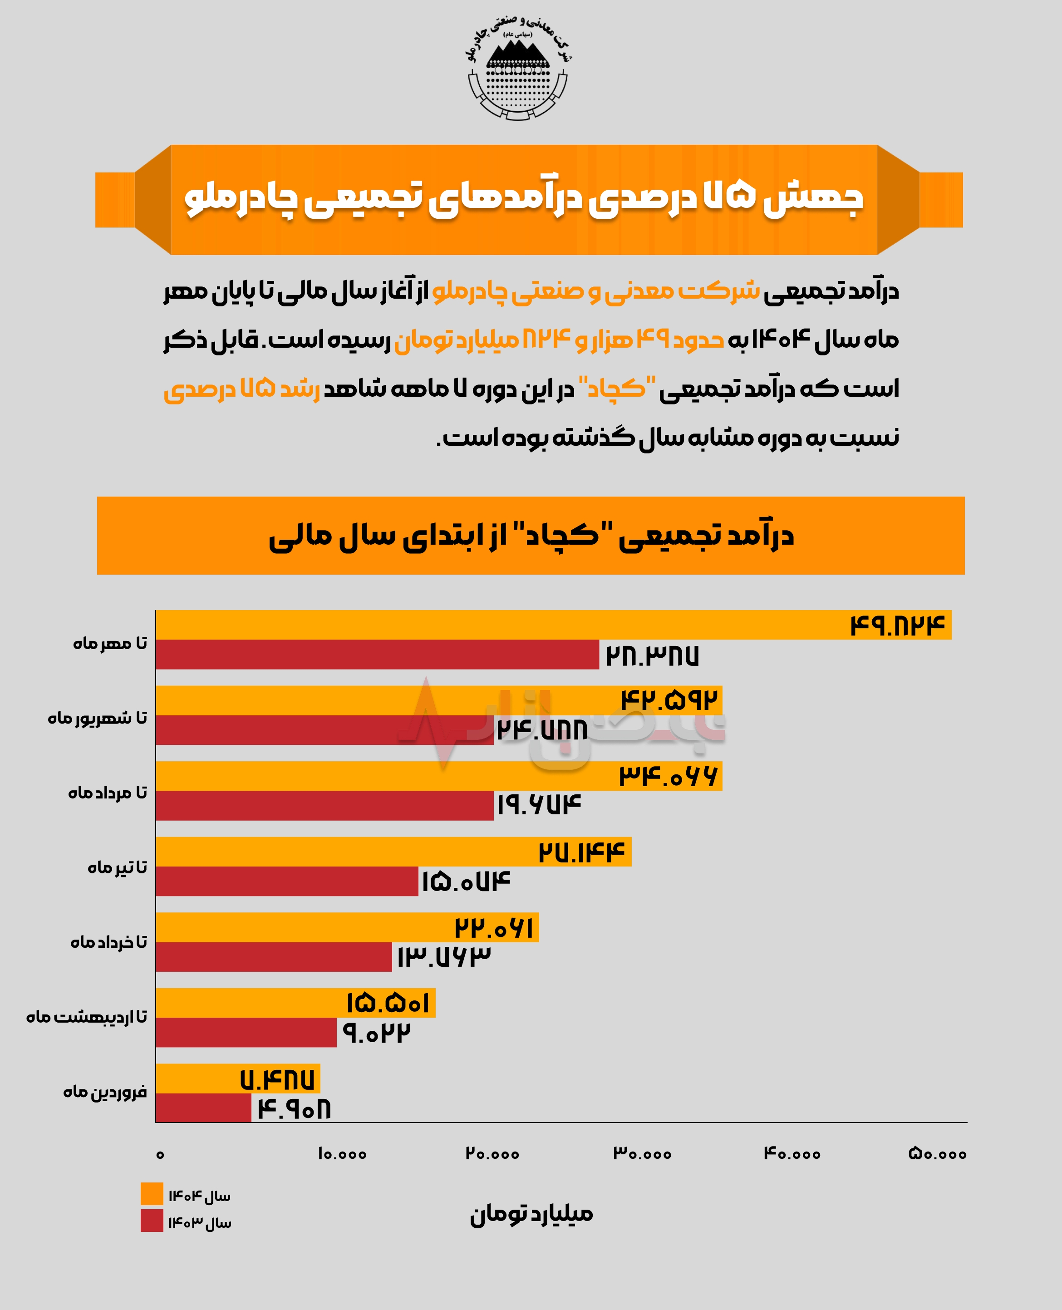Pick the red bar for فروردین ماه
203,1108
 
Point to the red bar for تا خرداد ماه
274,957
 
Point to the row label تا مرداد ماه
108,793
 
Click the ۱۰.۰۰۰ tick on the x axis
342,1154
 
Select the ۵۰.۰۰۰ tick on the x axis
937,1154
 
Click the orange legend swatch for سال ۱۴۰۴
152,1194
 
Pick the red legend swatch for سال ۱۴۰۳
152,1221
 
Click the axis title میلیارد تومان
531,1214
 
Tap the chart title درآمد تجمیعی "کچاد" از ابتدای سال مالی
531,536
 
